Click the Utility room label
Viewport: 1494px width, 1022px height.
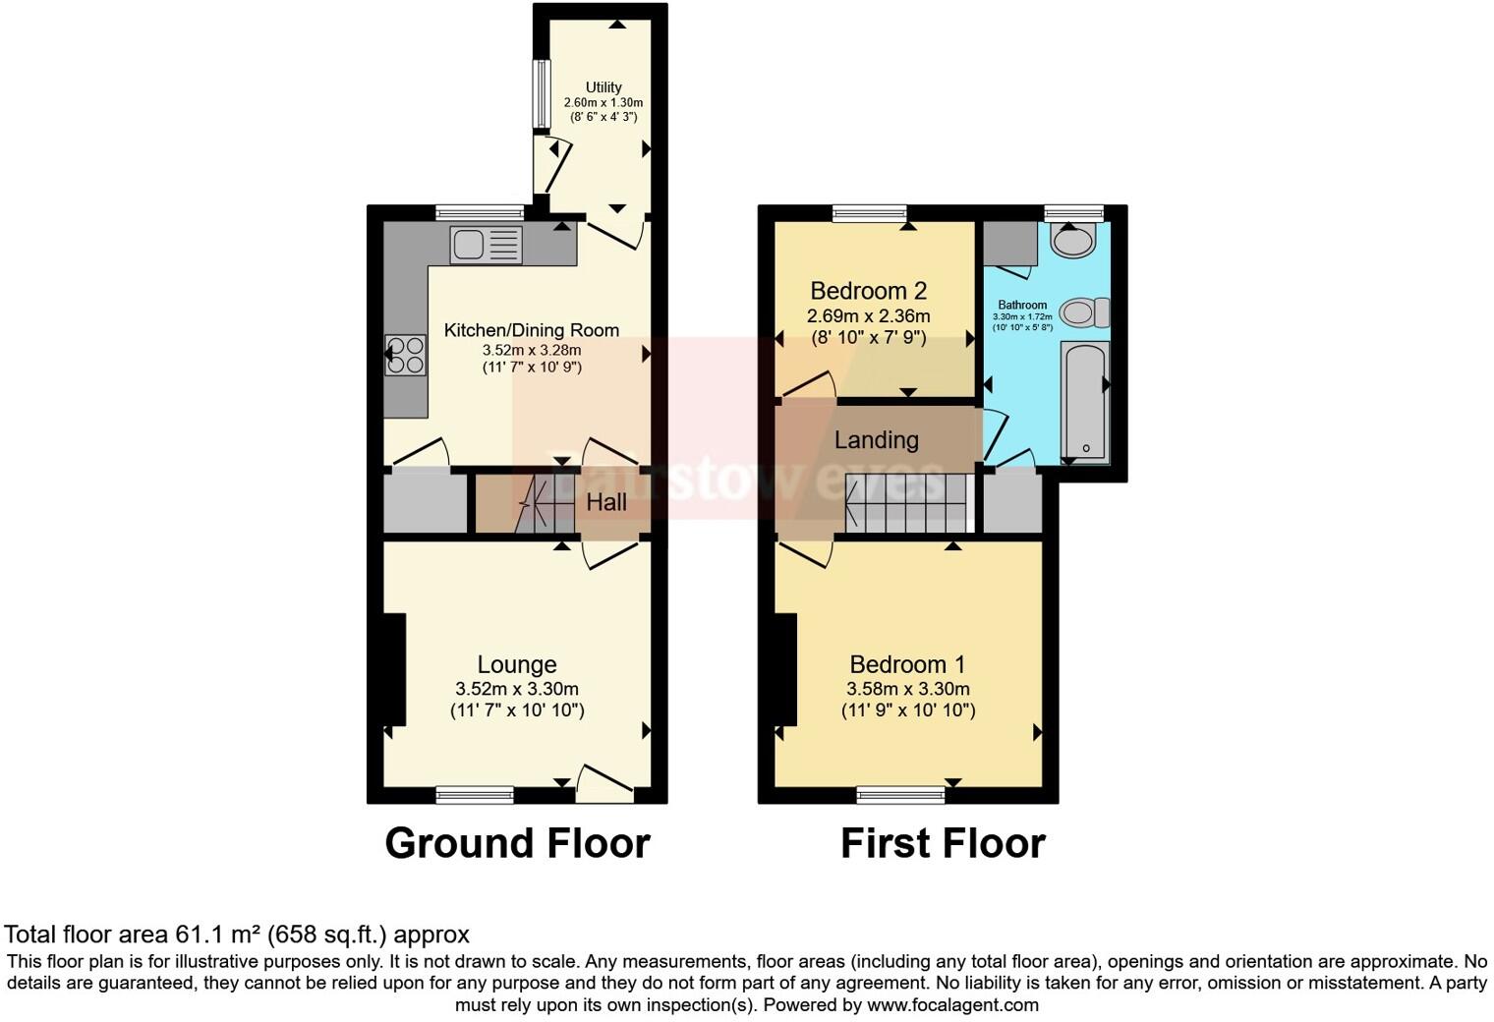[603, 87]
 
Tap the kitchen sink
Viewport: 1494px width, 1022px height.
[486, 245]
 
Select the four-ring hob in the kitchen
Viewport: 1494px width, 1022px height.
[406, 356]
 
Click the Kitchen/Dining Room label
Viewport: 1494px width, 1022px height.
[532, 330]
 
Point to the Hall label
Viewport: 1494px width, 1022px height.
[606, 502]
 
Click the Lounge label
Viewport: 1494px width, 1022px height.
[517, 665]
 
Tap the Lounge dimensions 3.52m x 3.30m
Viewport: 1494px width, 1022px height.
[517, 689]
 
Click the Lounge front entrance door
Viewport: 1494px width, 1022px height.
[603, 783]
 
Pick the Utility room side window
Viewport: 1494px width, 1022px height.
[541, 94]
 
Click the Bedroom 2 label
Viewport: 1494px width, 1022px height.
[868, 291]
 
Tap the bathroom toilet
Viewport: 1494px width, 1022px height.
[1083, 312]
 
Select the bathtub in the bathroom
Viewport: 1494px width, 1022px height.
[1085, 403]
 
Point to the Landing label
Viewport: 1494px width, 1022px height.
[876, 440]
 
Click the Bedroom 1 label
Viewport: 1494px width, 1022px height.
[907, 665]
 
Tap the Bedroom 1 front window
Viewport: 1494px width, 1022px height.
[900, 794]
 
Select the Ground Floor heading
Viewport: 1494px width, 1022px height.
[517, 843]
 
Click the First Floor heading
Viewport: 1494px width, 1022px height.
[943, 843]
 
